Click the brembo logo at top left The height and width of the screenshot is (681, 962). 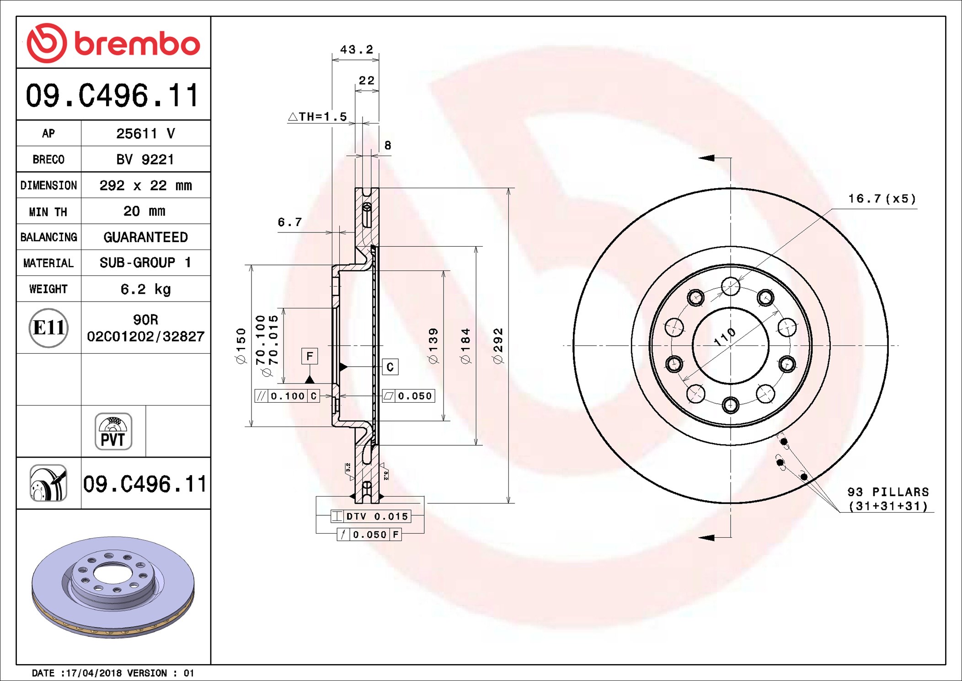(113, 43)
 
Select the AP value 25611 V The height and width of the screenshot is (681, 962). (145, 134)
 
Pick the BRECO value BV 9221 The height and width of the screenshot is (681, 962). (145, 160)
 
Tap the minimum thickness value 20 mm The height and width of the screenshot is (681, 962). (144, 211)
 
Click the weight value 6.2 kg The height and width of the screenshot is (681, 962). (145, 289)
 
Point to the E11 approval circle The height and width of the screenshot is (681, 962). (48, 328)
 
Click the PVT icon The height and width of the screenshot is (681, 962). (113, 432)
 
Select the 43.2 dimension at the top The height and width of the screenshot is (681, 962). (357, 49)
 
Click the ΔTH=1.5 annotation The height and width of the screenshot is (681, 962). (317, 117)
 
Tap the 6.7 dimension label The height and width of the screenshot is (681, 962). (290, 222)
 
